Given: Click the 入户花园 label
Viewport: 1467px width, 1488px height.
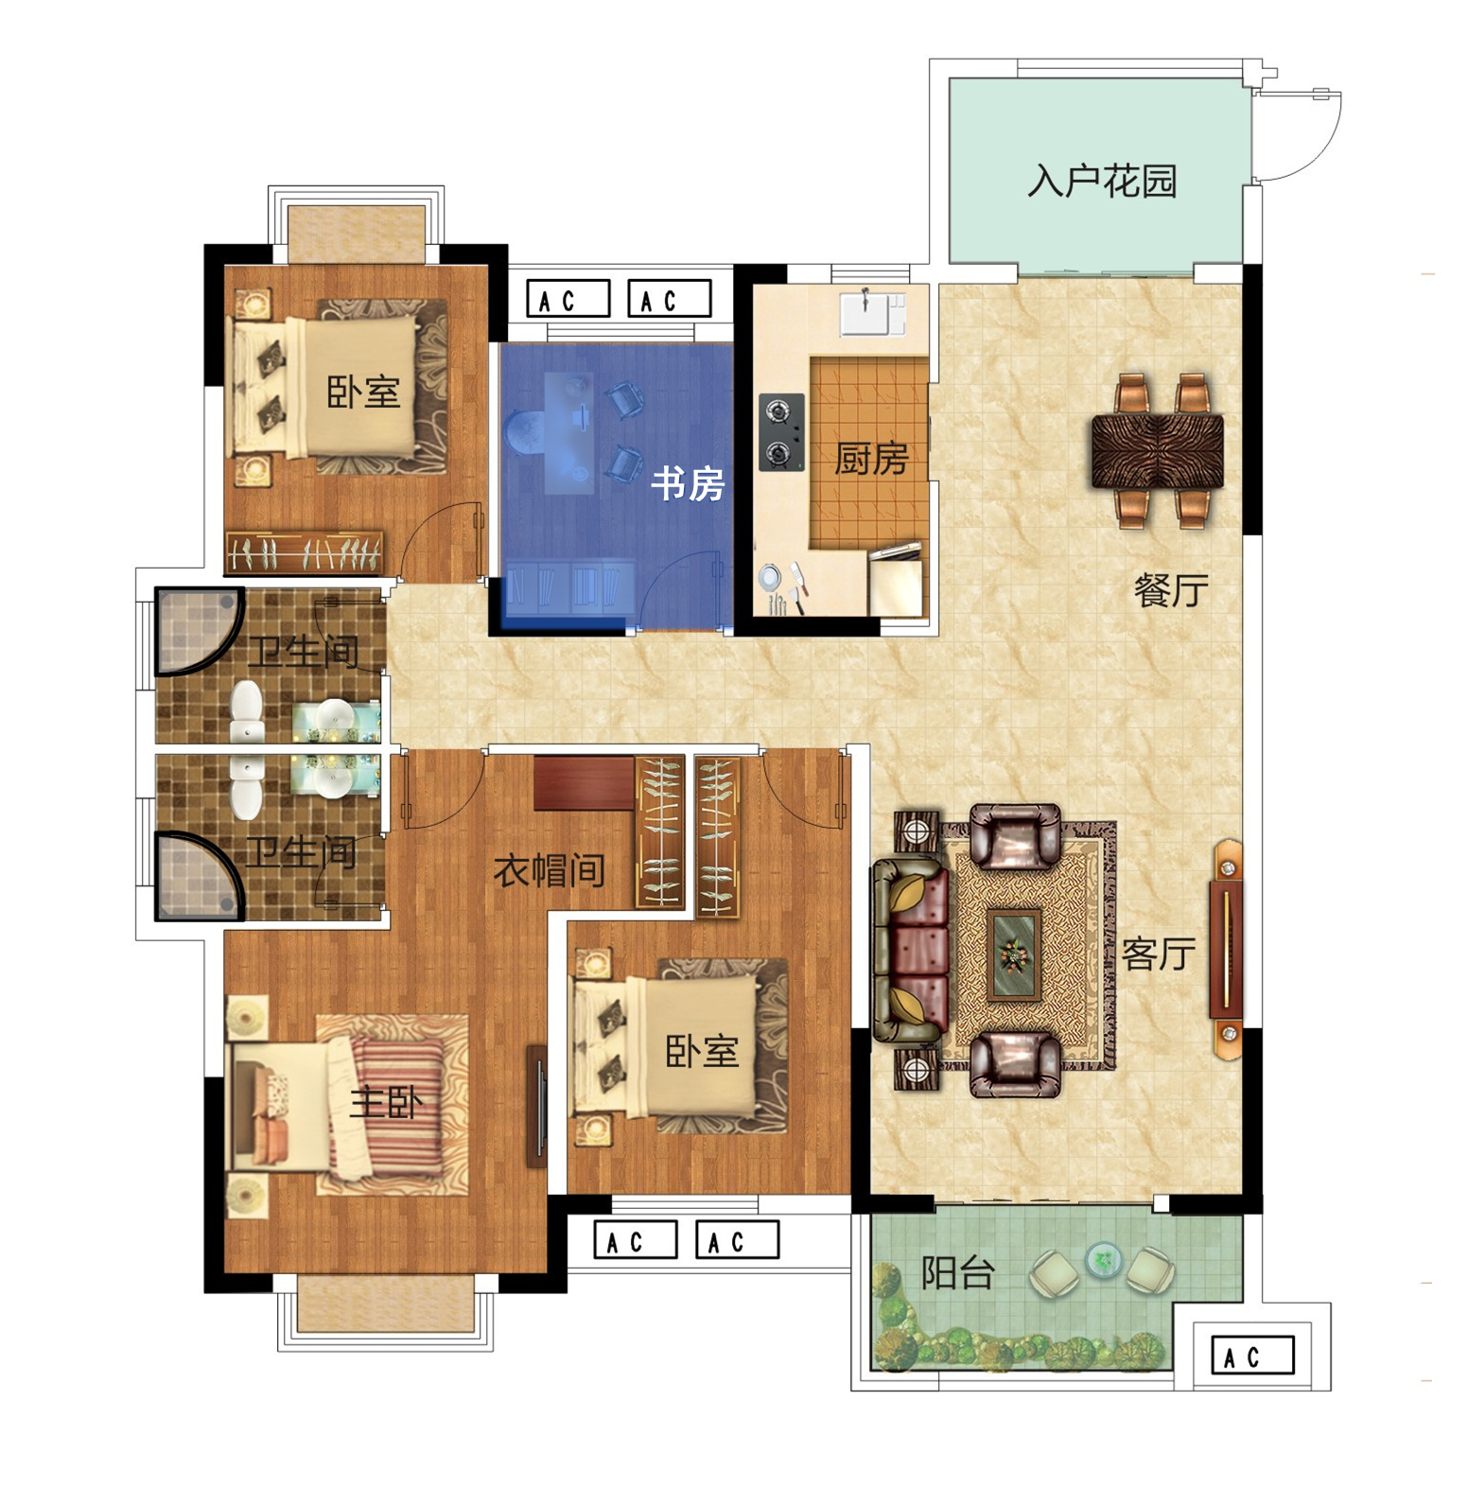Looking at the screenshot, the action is [1102, 181].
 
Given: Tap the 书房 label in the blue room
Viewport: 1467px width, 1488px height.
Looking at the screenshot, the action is [688, 484].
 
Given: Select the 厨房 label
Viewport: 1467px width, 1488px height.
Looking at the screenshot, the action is [870, 459].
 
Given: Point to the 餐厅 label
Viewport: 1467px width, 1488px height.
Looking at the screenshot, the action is [1171, 590].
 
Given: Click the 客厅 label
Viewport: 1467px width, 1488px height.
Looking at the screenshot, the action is [1159, 954].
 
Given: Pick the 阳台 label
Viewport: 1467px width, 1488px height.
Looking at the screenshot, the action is [957, 1273].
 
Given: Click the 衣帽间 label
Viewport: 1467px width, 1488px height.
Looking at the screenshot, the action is [550, 870].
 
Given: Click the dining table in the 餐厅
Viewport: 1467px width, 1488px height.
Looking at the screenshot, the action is [1158, 452].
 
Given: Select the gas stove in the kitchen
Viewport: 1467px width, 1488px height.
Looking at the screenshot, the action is [781, 432].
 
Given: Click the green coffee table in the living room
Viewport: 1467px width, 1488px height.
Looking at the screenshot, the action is [1014, 954].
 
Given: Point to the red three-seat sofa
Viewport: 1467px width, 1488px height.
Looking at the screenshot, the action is [910, 951].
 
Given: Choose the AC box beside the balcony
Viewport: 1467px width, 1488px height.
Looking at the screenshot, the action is [1252, 1356].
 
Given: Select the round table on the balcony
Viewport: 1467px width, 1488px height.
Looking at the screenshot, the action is [1103, 1259].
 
